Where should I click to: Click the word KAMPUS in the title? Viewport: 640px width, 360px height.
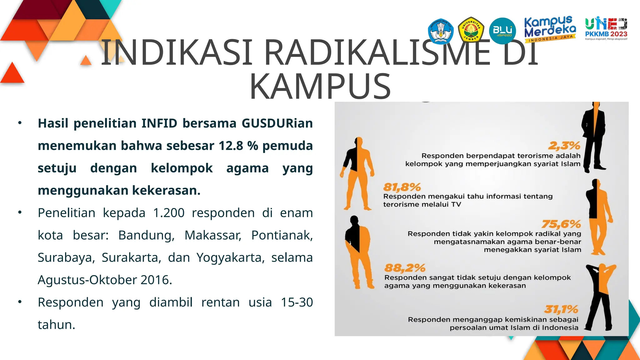point(320,86)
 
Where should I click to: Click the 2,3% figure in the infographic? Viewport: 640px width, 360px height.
point(564,146)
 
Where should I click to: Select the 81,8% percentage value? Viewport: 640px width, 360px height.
point(402,187)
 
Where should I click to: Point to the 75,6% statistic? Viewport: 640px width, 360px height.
point(561,224)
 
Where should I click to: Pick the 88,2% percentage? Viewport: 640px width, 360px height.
point(405,268)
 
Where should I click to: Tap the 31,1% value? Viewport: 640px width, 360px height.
point(561,309)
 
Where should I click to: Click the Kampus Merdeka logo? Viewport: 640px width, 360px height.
point(550,29)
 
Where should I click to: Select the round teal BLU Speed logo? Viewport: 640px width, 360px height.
point(502,31)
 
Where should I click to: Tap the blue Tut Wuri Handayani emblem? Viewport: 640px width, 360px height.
point(441,31)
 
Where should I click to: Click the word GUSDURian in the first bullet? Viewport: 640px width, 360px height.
point(277,123)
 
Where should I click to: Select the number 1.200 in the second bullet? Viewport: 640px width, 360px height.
point(169,213)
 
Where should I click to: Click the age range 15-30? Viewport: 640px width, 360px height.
point(297,302)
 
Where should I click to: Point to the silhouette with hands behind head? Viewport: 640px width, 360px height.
point(600,297)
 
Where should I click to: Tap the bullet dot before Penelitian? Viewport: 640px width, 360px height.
point(20,213)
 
